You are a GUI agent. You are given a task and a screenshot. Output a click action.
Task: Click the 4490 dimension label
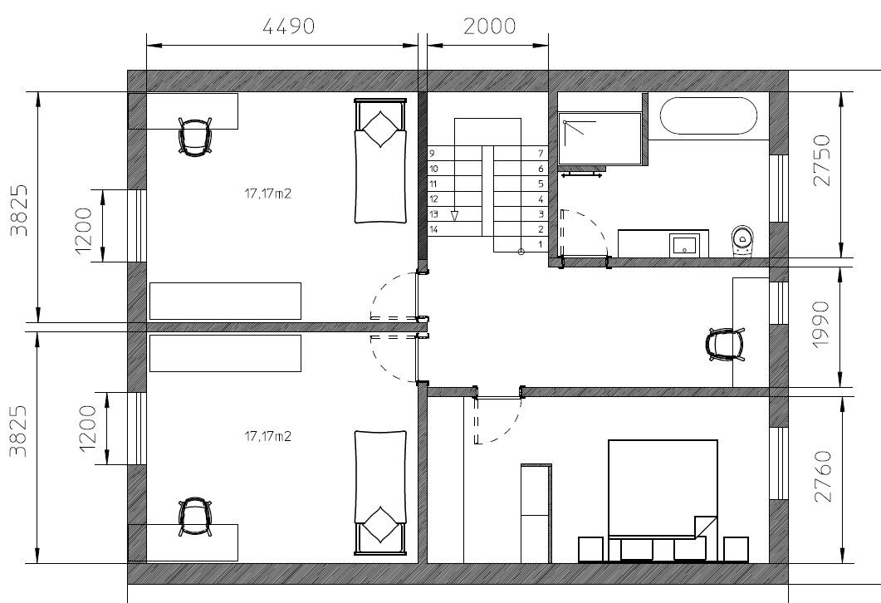pyautogui.click(x=288, y=26)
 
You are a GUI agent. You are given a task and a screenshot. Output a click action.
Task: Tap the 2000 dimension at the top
pyautogui.click(x=489, y=26)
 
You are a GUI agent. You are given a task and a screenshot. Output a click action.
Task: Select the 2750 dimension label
pyautogui.click(x=821, y=161)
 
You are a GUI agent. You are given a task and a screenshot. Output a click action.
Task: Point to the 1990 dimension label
pyautogui.click(x=821, y=325)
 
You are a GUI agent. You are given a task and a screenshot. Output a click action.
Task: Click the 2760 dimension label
pyautogui.click(x=821, y=476)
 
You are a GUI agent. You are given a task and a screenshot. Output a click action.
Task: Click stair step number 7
pyautogui.click(x=541, y=154)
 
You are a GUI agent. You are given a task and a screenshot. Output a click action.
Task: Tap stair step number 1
pyautogui.click(x=541, y=244)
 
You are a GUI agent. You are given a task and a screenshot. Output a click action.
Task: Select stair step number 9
pyautogui.click(x=432, y=154)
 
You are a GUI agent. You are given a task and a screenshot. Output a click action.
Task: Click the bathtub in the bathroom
pyautogui.click(x=707, y=115)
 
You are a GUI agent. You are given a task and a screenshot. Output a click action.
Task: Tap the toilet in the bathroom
pyautogui.click(x=743, y=240)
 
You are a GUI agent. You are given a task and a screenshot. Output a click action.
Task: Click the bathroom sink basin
pyautogui.click(x=685, y=244)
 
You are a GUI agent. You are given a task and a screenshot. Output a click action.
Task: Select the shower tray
pyautogui.click(x=600, y=139)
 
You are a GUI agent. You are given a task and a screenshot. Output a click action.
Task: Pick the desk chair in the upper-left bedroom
pyautogui.click(x=195, y=135)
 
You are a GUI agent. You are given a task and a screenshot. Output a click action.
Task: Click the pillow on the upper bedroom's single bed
pyautogui.click(x=380, y=129)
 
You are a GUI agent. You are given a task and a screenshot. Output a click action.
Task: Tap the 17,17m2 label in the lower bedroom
pyautogui.click(x=267, y=435)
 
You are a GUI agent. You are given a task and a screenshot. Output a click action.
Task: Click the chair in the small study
pyautogui.click(x=724, y=345)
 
